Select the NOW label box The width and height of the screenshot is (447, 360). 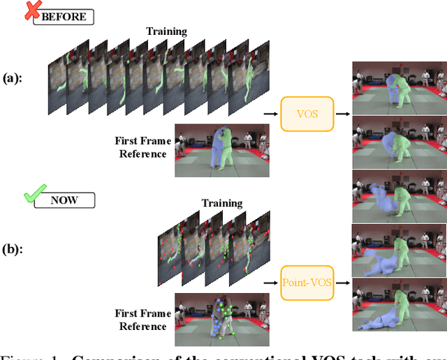coord(67,200)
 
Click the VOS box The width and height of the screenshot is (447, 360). coord(307,112)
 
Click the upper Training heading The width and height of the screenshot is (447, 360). coord(166,31)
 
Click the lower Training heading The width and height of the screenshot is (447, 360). coord(222,204)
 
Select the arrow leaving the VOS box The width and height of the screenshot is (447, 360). coord(343,112)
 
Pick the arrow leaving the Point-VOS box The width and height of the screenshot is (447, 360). coord(343,283)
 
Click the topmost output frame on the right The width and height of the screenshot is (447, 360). coord(398,88)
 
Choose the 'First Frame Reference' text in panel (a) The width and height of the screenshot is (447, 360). coord(142,147)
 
